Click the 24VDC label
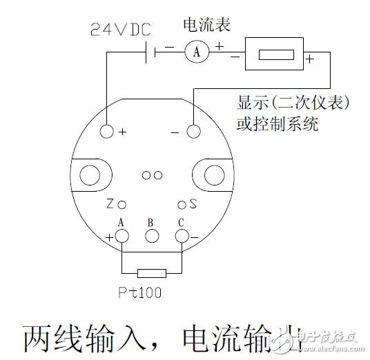click(121, 31)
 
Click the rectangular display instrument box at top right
click(274, 53)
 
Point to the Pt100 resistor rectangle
click(151, 272)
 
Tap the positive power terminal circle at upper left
click(107, 131)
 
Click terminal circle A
click(122, 236)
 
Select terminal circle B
click(151, 236)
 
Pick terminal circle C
click(182, 236)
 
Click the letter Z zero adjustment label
click(110, 205)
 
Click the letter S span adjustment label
click(193, 205)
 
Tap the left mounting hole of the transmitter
click(90, 175)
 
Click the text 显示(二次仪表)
click(293, 103)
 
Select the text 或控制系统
click(276, 126)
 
